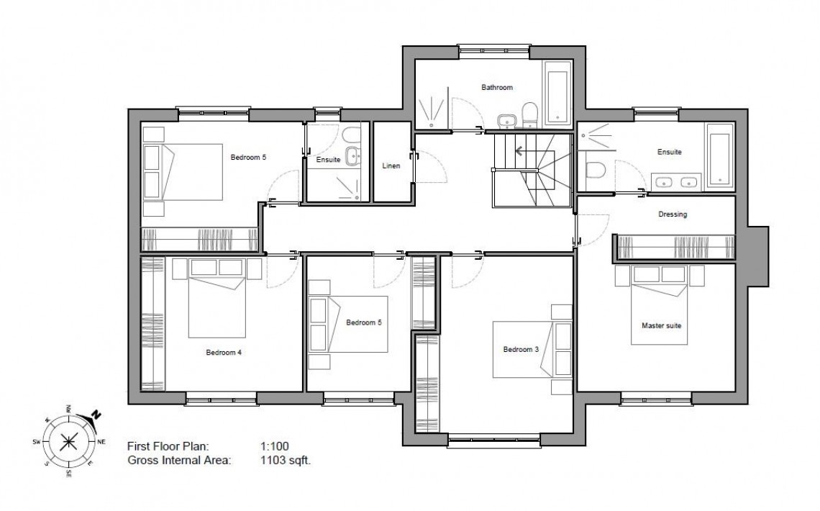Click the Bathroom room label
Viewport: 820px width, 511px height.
coord(496,88)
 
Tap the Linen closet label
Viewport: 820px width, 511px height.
coord(391,166)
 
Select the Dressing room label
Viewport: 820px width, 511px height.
coord(672,214)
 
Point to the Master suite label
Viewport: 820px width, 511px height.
coord(660,325)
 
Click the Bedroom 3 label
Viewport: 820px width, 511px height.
coord(520,350)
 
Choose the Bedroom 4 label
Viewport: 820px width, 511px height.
coord(224,352)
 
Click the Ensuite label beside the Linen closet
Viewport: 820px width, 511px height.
coord(327,160)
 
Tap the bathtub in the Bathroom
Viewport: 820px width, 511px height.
coord(558,93)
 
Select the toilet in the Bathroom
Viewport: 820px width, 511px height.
coord(530,114)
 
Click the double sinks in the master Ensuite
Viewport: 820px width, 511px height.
coord(677,181)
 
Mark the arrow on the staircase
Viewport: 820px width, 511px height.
coord(517,152)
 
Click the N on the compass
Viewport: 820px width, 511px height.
coord(96,415)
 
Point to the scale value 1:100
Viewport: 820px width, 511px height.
coord(275,446)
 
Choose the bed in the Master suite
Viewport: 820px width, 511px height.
coord(660,306)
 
